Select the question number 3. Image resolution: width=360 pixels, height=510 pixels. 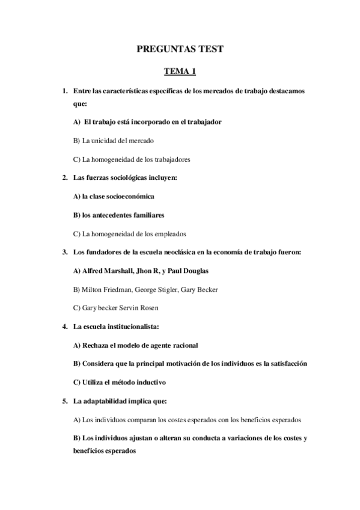(64, 252)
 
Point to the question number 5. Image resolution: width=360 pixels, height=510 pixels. (64, 401)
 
